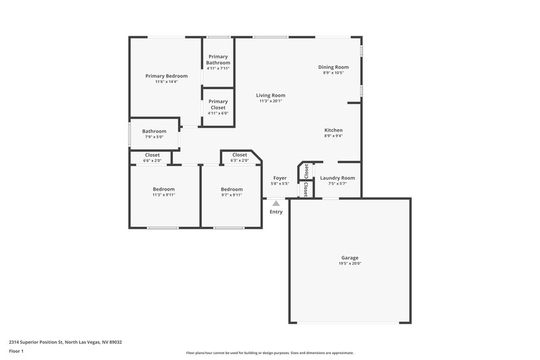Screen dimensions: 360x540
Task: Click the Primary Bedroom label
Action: point(166,76)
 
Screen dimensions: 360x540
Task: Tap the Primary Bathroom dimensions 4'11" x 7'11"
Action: point(218,68)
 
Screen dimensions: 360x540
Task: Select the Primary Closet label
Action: point(218,104)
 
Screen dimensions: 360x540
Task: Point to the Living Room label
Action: point(270,95)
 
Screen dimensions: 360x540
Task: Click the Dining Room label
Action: point(333,67)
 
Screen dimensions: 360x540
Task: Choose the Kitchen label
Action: point(333,130)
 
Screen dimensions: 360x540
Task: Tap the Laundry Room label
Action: point(337,178)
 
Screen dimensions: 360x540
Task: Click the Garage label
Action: point(350,257)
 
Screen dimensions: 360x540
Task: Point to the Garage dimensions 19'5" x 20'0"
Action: point(350,263)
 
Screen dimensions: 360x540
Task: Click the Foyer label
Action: point(279,178)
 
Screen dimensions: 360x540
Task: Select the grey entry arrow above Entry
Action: point(275,202)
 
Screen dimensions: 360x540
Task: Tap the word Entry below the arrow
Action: point(276,212)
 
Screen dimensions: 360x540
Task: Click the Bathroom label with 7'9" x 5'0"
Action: point(154,131)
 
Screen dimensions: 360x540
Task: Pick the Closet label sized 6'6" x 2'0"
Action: point(153,155)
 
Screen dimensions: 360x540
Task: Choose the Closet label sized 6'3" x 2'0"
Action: point(240,155)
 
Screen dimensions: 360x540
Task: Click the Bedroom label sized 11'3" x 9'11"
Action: point(163,189)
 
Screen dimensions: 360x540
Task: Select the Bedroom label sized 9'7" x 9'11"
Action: point(232,189)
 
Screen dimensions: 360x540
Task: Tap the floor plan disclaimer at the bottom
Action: point(269,353)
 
